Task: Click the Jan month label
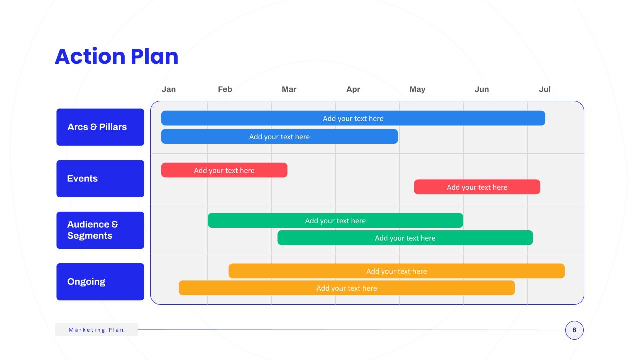pos(169,89)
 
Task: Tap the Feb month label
pos(225,89)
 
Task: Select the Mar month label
pos(289,89)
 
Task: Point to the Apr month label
pos(353,89)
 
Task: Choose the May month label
pos(417,89)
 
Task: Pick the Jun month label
pos(482,89)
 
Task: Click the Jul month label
pos(545,89)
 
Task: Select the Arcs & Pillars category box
pos(100,127)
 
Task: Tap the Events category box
pos(100,179)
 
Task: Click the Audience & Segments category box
pos(100,230)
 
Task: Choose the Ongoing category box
pos(100,282)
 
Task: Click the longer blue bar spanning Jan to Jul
pos(353,118)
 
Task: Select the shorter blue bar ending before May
pos(279,136)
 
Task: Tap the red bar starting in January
pos(224,170)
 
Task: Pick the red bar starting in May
pos(477,187)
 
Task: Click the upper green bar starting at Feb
pos(335,220)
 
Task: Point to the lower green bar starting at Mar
pos(405,238)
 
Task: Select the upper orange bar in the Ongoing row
pos(397,271)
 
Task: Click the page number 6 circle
pos(574,330)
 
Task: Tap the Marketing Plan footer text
pos(97,330)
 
